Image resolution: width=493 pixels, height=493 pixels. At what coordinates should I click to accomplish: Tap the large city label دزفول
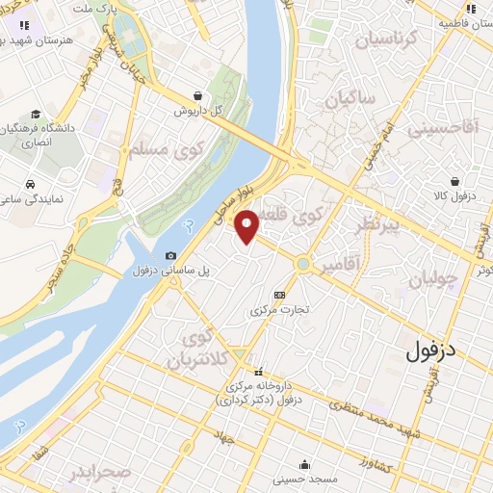click(x=431, y=350)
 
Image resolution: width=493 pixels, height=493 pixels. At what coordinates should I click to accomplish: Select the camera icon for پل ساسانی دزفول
click(x=170, y=256)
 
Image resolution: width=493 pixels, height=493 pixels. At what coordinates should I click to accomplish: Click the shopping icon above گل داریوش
click(x=197, y=95)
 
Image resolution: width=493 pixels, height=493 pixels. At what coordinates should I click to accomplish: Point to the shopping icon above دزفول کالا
click(x=454, y=180)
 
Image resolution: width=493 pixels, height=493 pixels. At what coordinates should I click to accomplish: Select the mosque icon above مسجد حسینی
click(x=304, y=463)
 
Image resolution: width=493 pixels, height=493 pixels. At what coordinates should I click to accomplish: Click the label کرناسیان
click(x=385, y=39)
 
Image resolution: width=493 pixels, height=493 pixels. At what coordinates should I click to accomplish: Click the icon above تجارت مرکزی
click(x=279, y=295)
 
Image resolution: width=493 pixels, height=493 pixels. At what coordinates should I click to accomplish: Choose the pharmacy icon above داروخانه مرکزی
click(x=258, y=373)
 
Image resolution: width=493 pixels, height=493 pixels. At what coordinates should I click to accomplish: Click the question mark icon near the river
click(x=189, y=224)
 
